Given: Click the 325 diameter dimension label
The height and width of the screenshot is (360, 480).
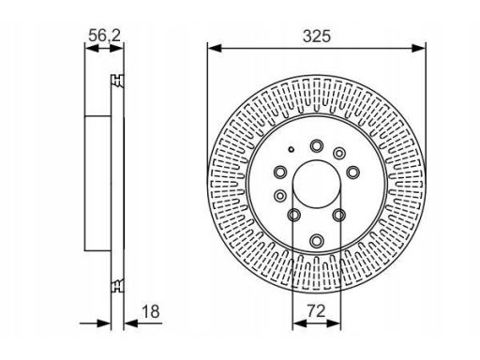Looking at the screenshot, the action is click(x=316, y=37).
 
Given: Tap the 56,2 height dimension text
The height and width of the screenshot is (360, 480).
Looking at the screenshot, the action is click(x=104, y=36).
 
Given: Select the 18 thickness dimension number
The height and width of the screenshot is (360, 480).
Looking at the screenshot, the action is click(x=151, y=311).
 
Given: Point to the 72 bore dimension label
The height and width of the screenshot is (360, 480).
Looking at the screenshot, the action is click(x=316, y=311).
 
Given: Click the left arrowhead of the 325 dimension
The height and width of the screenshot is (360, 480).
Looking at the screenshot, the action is click(x=215, y=48).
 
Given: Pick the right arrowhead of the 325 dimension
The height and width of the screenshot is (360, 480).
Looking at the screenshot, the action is click(x=418, y=48).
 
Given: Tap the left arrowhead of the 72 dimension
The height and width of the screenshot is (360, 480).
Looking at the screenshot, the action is click(x=300, y=323).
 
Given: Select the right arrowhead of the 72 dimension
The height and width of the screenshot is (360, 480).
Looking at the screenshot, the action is click(x=334, y=323).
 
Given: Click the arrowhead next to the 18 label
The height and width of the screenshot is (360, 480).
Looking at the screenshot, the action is click(x=131, y=323).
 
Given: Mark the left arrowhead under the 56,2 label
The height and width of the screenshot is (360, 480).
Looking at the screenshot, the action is click(x=92, y=49).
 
